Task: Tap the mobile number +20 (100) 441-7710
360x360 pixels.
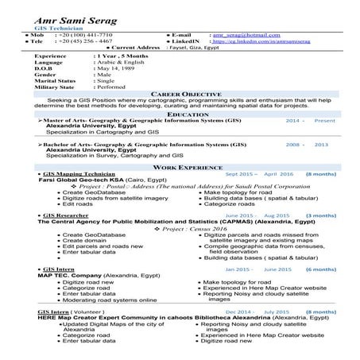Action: (x=83, y=36)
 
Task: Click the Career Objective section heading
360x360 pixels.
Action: (x=180, y=93)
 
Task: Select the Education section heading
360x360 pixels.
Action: (x=180, y=114)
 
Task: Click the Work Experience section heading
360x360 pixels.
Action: (x=180, y=168)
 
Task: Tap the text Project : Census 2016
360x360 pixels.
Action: (x=182, y=228)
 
